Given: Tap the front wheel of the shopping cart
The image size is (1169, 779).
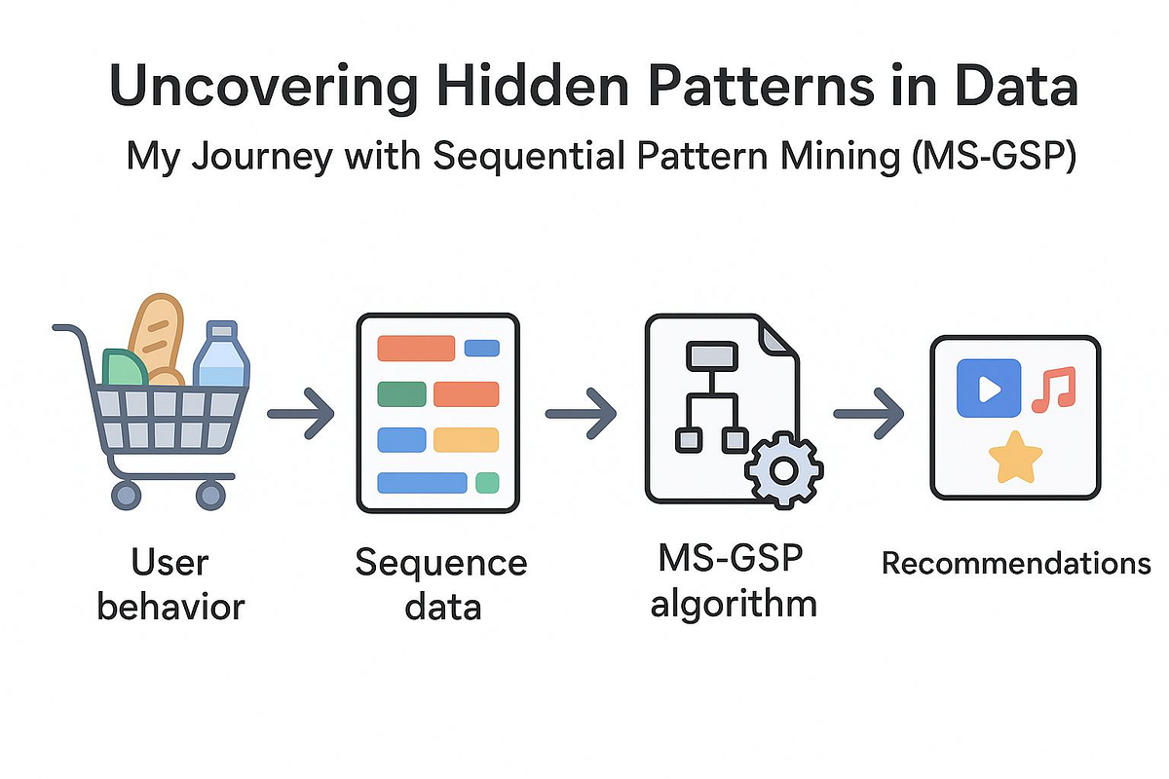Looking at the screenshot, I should point(210,495).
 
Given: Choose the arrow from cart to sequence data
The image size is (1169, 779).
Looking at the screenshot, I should point(299,414).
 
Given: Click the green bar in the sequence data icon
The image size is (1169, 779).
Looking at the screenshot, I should point(401,394).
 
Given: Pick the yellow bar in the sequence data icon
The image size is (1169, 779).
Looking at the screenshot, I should point(466,440).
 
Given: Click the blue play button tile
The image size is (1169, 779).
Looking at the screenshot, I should point(989,389).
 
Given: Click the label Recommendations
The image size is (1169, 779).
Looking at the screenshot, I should point(1016,564).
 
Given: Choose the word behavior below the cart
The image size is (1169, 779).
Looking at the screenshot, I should point(171,607).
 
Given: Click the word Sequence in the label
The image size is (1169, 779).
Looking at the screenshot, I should point(440,564).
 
